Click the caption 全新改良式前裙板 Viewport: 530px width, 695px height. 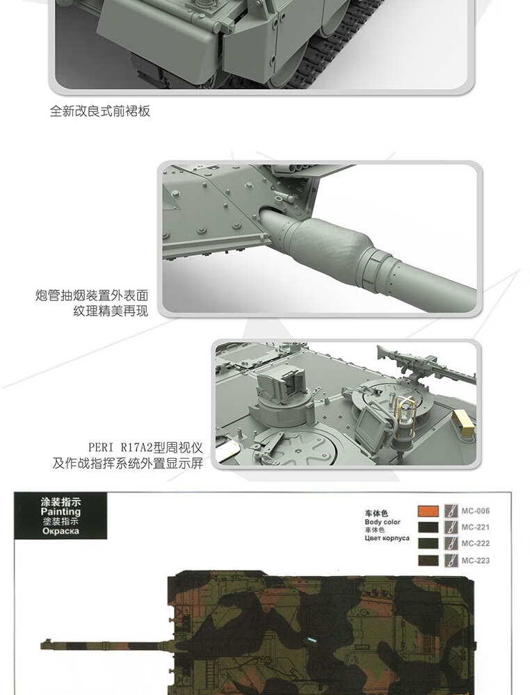99,111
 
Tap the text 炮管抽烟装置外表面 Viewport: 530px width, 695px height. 92,295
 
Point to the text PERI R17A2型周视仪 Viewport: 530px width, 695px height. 145,447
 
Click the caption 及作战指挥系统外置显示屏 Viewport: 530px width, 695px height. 127,463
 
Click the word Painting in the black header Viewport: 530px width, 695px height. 61,512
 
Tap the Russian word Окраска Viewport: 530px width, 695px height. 60,530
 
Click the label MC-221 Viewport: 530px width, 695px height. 476,528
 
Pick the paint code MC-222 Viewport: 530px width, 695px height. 476,543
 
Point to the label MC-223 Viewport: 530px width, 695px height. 476,560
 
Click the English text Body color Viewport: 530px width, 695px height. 382,522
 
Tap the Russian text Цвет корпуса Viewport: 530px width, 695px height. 387,538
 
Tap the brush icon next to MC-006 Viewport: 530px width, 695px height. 450,511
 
